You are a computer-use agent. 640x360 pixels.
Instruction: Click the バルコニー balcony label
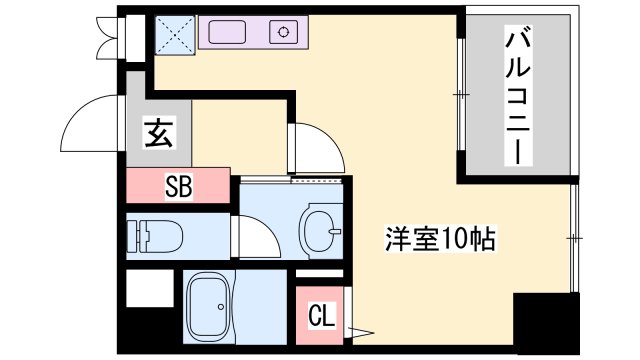coord(517,97)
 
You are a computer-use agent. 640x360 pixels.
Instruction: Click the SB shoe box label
coord(179,186)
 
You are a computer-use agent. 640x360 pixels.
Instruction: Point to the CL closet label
coord(321,318)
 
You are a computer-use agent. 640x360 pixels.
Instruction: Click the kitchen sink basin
coord(236,32)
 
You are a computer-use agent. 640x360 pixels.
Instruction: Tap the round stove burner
coord(286,32)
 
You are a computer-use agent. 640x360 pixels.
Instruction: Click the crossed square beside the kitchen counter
coord(174,35)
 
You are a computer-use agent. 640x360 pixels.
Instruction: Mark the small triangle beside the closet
coord(356,330)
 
